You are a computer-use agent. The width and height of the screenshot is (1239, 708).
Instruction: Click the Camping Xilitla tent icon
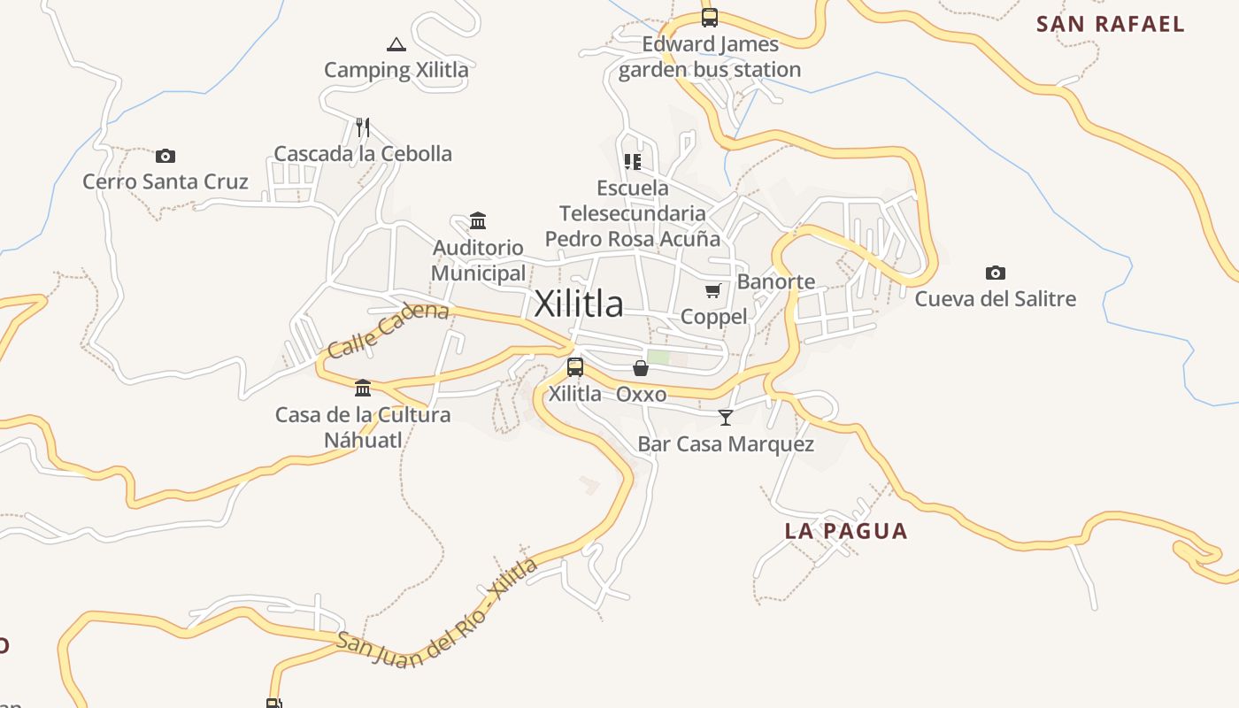tap(396, 44)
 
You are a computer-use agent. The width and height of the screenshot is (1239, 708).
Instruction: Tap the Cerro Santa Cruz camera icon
tap(165, 157)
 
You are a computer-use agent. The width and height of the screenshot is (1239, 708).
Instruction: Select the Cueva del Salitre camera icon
tap(996, 273)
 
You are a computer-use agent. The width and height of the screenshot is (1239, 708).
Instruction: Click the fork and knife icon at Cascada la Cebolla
tap(362, 127)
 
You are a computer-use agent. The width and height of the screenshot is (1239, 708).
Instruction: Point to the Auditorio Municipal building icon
tap(478, 220)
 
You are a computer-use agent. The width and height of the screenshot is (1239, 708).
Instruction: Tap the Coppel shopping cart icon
tap(713, 290)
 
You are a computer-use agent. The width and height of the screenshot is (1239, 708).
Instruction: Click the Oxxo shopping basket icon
tap(641, 368)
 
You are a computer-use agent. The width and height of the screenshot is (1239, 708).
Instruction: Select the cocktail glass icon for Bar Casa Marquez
tap(726, 418)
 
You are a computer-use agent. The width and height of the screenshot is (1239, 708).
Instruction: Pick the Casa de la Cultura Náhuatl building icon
tap(362, 389)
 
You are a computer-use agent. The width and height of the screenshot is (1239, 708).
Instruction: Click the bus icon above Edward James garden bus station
tap(709, 18)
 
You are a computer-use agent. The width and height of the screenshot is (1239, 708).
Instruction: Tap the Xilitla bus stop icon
tap(575, 367)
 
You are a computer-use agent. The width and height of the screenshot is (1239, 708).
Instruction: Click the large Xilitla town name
tap(579, 304)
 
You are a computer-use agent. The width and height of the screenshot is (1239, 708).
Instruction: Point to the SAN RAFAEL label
tap(1110, 24)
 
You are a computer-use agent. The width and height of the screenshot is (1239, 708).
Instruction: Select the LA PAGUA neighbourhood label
tap(846, 531)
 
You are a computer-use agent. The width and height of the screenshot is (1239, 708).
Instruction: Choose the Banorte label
tap(776, 281)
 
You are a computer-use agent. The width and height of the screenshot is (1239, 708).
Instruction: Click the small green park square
tap(658, 358)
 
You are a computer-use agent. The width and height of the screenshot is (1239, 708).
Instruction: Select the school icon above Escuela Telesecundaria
tap(632, 161)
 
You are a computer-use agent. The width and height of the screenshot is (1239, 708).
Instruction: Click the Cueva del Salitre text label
tap(995, 298)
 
